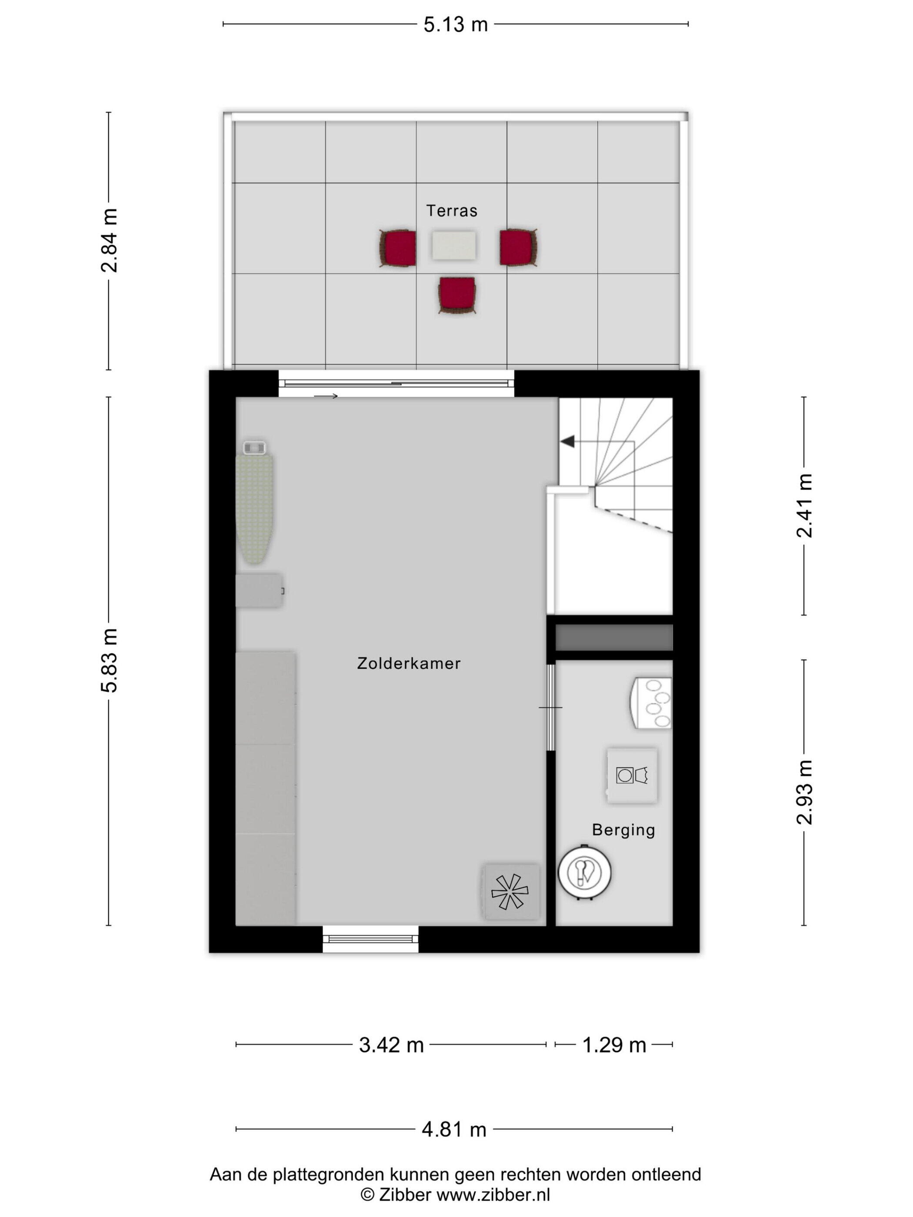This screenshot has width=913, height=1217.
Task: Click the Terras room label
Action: pos(451,211)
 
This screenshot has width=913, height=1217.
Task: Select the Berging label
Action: pos(623,830)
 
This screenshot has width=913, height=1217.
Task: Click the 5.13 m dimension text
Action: pos(456,25)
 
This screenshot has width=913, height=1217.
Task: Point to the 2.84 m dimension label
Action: pos(109,240)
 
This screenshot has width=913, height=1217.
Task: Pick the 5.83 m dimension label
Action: pos(109,660)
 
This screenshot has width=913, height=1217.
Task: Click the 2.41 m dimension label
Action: pos(804,505)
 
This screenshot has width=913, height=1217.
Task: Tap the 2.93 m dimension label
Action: pos(804,792)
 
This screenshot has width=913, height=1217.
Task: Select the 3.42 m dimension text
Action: pos(391,1045)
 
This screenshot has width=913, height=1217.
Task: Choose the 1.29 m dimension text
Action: pos(614,1045)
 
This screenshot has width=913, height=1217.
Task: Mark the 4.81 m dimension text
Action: pos(454,1130)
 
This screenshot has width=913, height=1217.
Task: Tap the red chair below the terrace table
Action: pos(457,295)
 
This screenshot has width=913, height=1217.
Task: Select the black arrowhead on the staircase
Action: pos(567,441)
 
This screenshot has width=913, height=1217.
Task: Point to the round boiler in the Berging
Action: pos(584,873)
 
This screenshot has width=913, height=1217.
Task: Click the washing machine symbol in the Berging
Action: pos(632,775)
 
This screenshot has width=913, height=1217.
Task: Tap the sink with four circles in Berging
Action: pos(651,704)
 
